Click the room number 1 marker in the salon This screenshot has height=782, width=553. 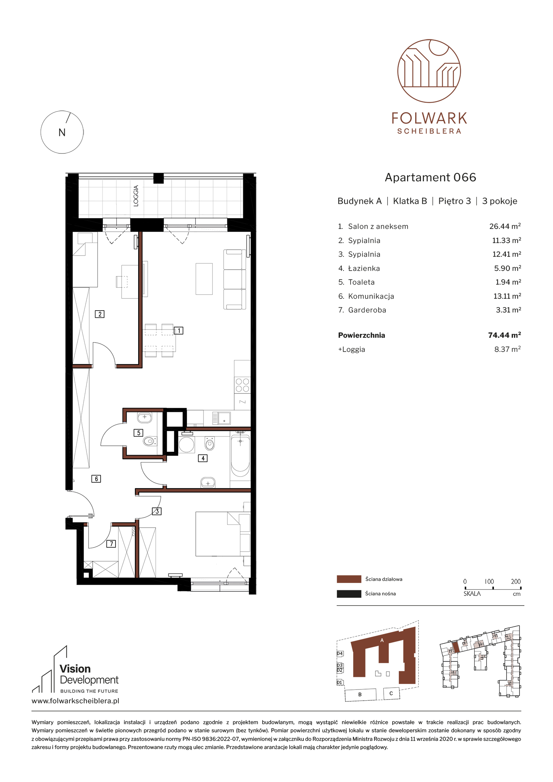click(x=179, y=331)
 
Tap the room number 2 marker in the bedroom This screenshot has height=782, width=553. click(x=100, y=314)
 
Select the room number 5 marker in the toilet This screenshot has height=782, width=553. click(x=139, y=433)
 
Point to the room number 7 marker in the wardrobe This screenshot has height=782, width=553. click(x=111, y=544)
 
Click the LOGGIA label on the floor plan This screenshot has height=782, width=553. click(x=136, y=196)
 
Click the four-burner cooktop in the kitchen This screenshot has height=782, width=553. click(x=242, y=385)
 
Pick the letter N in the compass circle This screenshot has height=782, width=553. click(x=62, y=133)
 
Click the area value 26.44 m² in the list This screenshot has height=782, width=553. click(x=505, y=226)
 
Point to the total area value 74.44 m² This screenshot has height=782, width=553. click(x=504, y=335)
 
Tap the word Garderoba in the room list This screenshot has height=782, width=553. click(x=367, y=310)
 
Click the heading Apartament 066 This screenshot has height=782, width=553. click(x=430, y=178)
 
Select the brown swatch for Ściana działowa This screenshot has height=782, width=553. click(x=349, y=579)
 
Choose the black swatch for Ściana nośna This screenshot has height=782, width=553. click(x=349, y=594)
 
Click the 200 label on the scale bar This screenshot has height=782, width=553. click(x=515, y=581)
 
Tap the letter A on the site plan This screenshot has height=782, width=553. click(x=382, y=640)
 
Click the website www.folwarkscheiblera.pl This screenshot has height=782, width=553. click(x=75, y=701)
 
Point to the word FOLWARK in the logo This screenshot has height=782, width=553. click(x=429, y=119)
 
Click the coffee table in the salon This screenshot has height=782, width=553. click(x=204, y=279)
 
